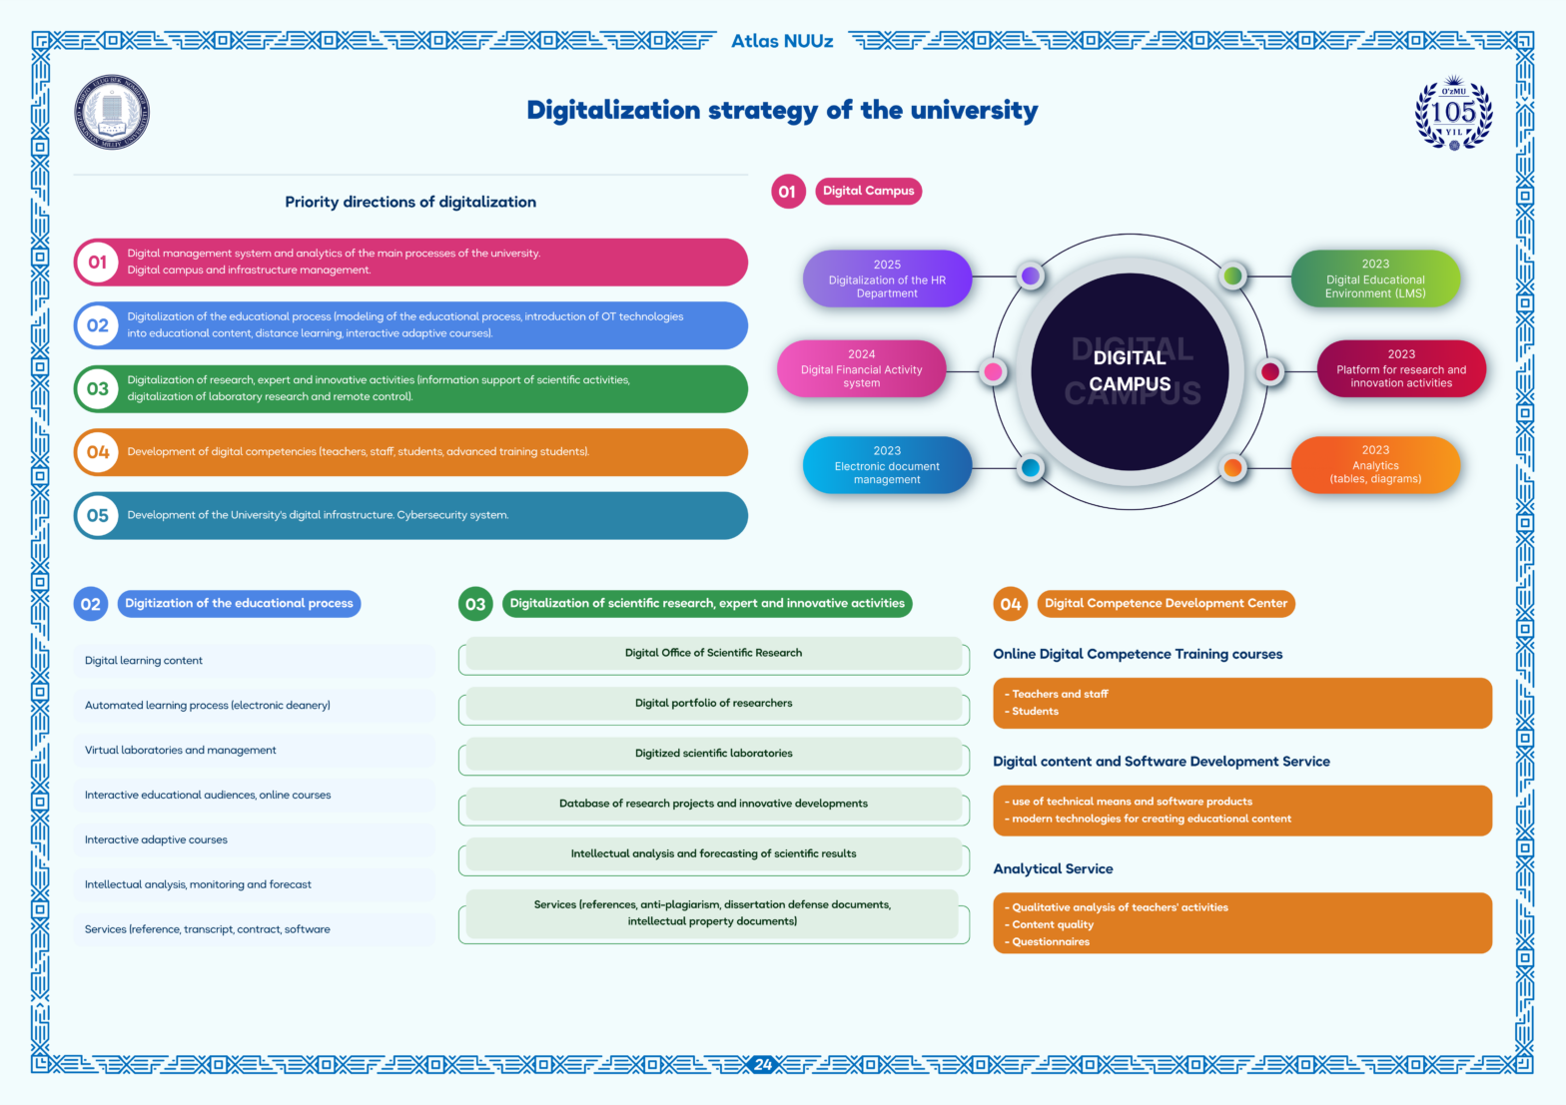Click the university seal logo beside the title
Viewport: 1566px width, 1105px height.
click(112, 112)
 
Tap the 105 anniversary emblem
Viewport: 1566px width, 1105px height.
click(1453, 113)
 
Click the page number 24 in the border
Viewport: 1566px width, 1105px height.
click(763, 1064)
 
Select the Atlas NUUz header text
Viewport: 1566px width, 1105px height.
click(782, 41)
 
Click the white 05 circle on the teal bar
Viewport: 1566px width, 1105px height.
click(97, 516)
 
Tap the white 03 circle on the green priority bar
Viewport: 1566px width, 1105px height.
click(97, 388)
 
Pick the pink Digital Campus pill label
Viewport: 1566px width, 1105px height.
click(868, 191)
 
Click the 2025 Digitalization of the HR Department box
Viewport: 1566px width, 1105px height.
click(887, 278)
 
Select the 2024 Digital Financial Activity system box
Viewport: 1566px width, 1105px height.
click(861, 368)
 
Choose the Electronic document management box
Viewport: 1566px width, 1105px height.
click(887, 465)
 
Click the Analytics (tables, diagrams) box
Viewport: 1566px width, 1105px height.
click(1375, 465)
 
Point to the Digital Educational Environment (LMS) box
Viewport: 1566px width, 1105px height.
click(1375, 278)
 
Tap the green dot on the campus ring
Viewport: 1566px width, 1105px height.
click(1233, 276)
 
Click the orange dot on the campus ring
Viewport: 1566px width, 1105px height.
click(1233, 467)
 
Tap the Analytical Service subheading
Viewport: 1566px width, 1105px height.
click(1053, 868)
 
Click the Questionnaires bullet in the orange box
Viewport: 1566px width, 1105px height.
click(1048, 941)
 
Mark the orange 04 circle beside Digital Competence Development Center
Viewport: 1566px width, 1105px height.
click(1011, 604)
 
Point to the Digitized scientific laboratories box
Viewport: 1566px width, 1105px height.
click(714, 755)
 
